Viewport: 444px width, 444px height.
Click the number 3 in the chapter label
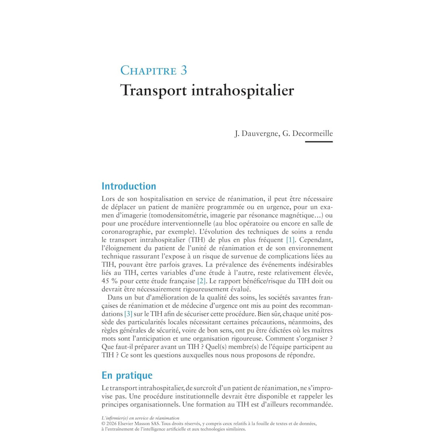(184, 70)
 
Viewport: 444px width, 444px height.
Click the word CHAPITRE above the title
(148, 70)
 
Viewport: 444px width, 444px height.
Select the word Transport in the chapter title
(154, 91)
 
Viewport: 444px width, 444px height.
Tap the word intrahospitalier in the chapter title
(243, 91)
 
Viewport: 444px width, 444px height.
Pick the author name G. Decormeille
(307, 134)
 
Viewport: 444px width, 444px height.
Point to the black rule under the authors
(319, 142)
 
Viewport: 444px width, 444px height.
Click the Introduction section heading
(129, 186)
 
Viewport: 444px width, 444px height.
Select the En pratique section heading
(127, 375)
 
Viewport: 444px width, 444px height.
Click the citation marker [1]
(290, 240)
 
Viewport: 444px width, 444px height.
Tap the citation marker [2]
(201, 281)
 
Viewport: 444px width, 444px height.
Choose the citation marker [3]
(128, 314)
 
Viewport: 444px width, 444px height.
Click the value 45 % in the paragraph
(110, 281)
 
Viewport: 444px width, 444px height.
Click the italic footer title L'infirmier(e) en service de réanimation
(140, 418)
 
